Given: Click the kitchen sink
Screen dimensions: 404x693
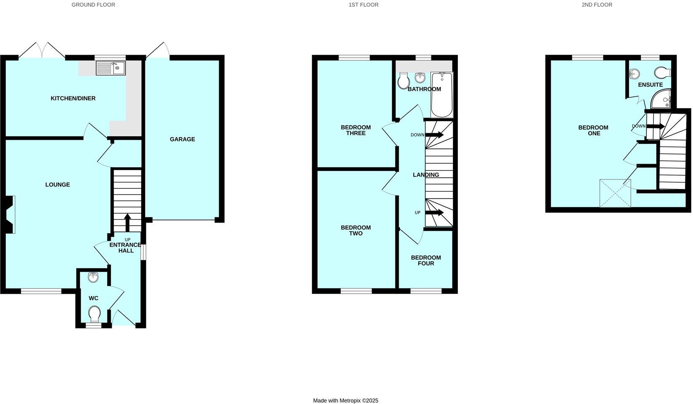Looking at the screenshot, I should tap(111, 68).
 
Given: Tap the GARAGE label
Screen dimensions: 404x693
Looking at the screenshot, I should tap(182, 139).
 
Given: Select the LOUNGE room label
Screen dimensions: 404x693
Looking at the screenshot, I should tap(58, 185).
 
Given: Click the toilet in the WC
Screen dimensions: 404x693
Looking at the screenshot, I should tap(94, 314).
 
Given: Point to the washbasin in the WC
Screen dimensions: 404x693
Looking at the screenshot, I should tap(93, 277).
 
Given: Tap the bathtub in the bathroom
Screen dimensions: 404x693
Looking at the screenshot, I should tap(442, 95).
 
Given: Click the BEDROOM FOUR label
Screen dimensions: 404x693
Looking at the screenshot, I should tap(426, 260).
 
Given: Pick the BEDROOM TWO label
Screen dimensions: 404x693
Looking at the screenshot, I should tap(355, 231).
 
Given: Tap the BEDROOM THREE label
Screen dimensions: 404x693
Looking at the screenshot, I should tap(355, 130).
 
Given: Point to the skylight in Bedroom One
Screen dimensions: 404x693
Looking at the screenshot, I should tap(615, 194).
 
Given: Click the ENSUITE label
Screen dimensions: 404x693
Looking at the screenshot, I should tap(650, 85).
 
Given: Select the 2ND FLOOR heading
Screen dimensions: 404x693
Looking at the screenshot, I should tap(597, 5).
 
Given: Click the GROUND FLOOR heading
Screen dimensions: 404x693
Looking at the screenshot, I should tap(93, 5).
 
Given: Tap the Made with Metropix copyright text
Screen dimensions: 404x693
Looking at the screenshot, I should tap(346, 401).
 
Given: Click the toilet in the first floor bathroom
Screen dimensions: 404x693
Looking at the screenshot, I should tap(404, 81).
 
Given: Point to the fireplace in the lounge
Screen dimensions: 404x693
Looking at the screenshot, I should tap(10, 215).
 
